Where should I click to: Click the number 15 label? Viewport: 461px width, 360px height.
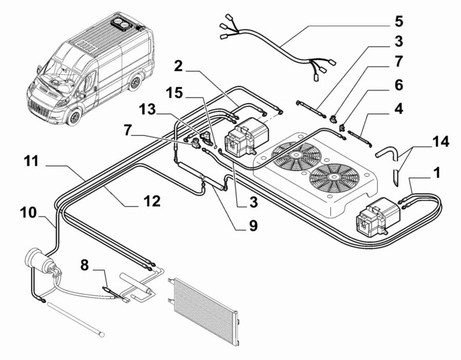(x=174, y=93)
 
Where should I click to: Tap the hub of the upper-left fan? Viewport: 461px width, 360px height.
(x=296, y=156)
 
